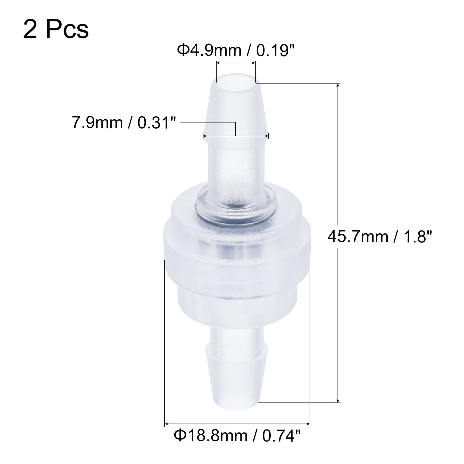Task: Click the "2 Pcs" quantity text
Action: pyautogui.click(x=56, y=30)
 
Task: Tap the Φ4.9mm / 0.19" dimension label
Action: pyautogui.click(x=235, y=51)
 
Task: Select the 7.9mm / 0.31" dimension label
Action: pyautogui.click(x=123, y=123)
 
